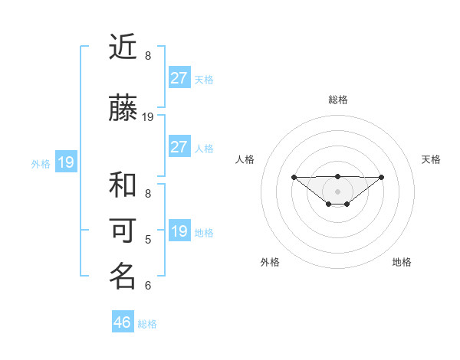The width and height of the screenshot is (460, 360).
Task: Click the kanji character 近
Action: [123, 47]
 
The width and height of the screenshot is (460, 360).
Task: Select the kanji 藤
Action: [123, 109]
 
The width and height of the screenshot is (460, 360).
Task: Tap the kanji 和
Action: [123, 186]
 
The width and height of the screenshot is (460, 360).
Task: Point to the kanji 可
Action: [123, 231]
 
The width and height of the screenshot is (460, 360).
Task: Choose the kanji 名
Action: [123, 277]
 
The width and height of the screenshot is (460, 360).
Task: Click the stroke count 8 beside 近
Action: [148, 56]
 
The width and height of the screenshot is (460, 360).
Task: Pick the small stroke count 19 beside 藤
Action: [148, 117]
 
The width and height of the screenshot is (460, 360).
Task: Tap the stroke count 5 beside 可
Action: [148, 240]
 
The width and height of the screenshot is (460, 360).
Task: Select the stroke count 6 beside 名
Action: [148, 286]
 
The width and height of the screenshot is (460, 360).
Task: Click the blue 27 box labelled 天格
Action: [179, 77]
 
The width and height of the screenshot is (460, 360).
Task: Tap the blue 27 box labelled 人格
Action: [179, 147]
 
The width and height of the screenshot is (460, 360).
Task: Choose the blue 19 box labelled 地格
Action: [179, 231]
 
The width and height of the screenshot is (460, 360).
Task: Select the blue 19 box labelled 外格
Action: [65, 162]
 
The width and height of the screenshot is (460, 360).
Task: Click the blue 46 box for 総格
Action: [123, 322]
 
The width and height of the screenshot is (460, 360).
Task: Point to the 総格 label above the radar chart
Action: [338, 100]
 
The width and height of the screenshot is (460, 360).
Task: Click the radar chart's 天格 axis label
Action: [432, 159]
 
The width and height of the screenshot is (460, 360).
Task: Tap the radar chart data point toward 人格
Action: [294, 177]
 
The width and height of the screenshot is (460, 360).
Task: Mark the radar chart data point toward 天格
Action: [382, 177]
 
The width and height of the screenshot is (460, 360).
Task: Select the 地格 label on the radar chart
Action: [402, 262]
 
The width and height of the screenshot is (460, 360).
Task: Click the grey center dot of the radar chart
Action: [338, 191]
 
